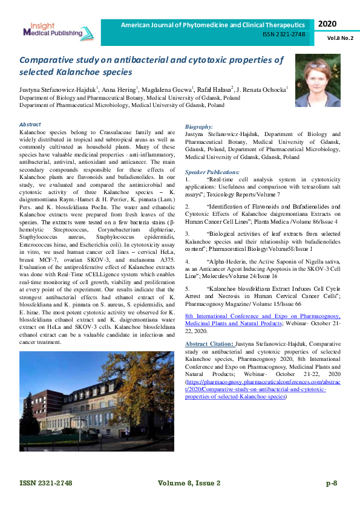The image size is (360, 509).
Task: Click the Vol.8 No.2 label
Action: click(x=340, y=38)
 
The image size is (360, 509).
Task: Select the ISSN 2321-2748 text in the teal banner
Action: click(x=283, y=34)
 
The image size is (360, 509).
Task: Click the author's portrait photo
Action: click(x=317, y=81)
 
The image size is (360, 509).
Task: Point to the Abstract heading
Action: click(x=30, y=125)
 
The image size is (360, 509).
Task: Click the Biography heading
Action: click(x=199, y=127)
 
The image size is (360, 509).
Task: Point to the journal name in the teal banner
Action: click(x=212, y=25)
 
